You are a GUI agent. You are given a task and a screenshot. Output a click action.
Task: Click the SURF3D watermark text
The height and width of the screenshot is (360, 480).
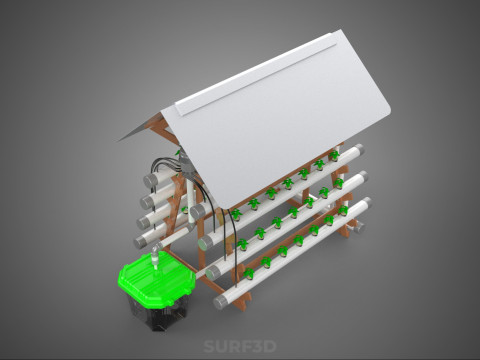pyautogui.click(x=240, y=346)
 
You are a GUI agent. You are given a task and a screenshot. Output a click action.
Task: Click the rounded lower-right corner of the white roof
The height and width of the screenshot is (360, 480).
pyautogui.click(x=387, y=113)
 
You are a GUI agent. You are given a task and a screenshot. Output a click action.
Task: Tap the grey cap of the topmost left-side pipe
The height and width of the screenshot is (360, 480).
pyautogui.click(x=151, y=180)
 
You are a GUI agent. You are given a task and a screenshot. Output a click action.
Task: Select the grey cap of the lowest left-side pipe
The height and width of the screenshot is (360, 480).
pyautogui.click(x=140, y=241)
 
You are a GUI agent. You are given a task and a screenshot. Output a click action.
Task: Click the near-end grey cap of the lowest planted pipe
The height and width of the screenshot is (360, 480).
pyautogui.click(x=220, y=303)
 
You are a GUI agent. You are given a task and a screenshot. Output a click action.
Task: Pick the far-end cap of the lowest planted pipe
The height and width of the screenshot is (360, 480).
pyautogui.click(x=367, y=202)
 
